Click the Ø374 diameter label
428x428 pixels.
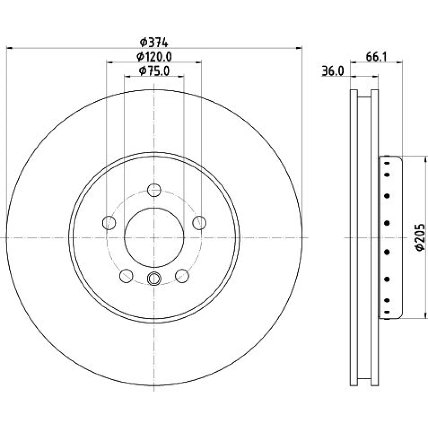click(154, 42)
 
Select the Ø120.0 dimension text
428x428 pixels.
click(154, 57)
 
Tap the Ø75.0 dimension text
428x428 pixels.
click(154, 71)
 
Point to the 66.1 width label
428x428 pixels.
click(377, 57)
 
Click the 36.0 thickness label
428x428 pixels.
click(333, 71)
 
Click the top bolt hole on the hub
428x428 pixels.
click(154, 190)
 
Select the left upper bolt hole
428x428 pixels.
click(109, 223)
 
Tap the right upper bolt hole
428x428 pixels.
click(199, 223)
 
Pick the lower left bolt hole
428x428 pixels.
click(126, 276)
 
